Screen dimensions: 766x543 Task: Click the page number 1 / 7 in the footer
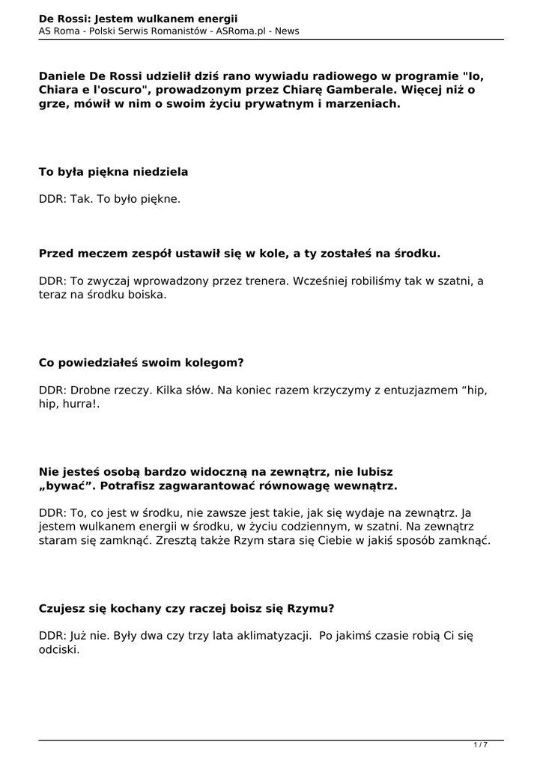click(480, 744)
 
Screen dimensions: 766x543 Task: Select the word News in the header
click(287, 31)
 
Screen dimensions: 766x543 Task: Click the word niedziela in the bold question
click(159, 172)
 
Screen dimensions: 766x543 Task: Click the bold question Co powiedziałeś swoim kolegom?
click(141, 363)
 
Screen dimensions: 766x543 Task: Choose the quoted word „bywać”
click(67, 486)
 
